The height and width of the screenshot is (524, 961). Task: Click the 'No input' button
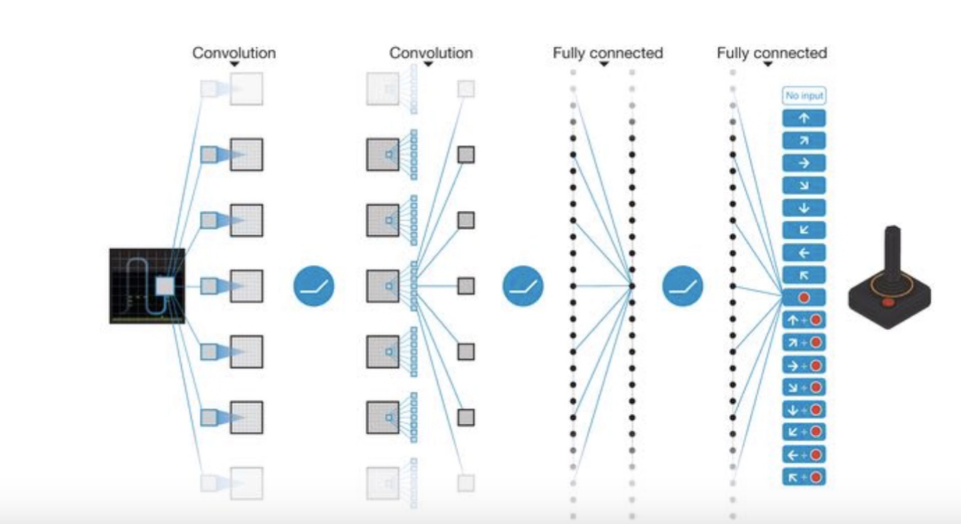tap(803, 95)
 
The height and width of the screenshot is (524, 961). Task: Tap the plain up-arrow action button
tap(803, 118)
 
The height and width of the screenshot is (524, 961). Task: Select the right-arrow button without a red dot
tap(803, 163)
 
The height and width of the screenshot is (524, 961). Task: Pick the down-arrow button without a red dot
tap(803, 207)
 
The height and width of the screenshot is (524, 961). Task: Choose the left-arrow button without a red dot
tap(803, 252)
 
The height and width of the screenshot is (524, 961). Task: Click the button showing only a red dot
tap(803, 297)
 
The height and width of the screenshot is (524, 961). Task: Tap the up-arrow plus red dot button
tap(803, 320)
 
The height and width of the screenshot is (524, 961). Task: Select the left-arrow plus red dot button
tap(803, 454)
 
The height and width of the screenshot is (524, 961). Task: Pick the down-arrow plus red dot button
tap(803, 409)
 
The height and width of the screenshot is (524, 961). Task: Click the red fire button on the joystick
tap(888, 302)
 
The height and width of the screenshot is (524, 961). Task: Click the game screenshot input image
tap(147, 285)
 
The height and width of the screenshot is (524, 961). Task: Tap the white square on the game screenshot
tap(165, 285)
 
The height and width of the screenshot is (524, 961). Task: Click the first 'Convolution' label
tap(234, 53)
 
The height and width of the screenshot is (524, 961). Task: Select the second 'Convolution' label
tap(431, 53)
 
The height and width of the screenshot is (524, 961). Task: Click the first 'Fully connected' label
tap(608, 53)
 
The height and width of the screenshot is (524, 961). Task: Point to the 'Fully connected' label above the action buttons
tap(771, 53)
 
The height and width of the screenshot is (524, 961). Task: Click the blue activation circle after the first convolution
tap(314, 286)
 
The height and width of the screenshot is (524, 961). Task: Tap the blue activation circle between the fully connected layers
tap(683, 286)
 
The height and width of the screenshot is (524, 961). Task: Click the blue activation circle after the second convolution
tap(523, 286)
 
